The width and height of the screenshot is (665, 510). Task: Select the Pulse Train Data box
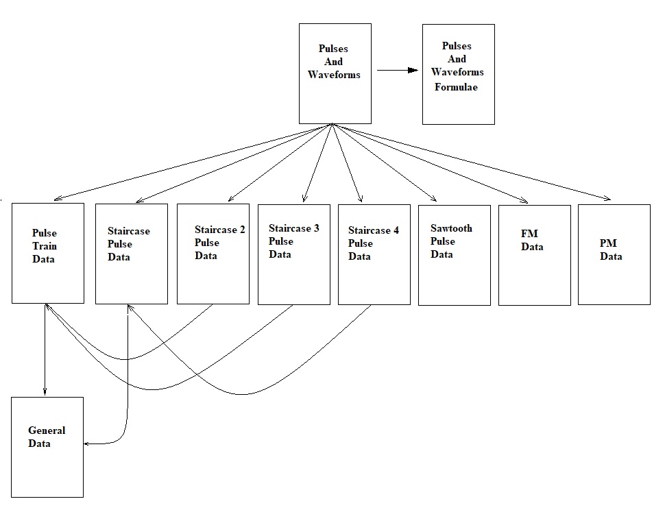(x=48, y=253)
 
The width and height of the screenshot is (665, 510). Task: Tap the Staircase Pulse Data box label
(x=129, y=244)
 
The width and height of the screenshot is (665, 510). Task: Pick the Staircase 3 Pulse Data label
(x=293, y=241)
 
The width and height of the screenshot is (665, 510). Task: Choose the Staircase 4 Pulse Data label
(x=373, y=243)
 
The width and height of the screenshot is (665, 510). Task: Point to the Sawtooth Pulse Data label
(x=451, y=241)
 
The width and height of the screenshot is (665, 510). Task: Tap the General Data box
(x=47, y=447)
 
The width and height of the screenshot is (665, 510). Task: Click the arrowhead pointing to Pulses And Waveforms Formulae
(x=413, y=70)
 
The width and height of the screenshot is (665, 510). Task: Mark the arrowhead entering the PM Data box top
(x=606, y=199)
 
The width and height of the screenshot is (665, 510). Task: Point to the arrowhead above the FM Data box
(x=524, y=201)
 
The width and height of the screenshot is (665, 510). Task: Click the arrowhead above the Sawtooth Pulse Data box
(x=433, y=199)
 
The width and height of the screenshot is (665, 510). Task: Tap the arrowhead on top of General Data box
(x=45, y=392)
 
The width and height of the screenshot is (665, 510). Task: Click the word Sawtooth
(x=451, y=228)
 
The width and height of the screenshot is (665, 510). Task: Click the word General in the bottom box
(x=47, y=430)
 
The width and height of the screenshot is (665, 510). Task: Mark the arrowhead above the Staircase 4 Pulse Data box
(x=360, y=199)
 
